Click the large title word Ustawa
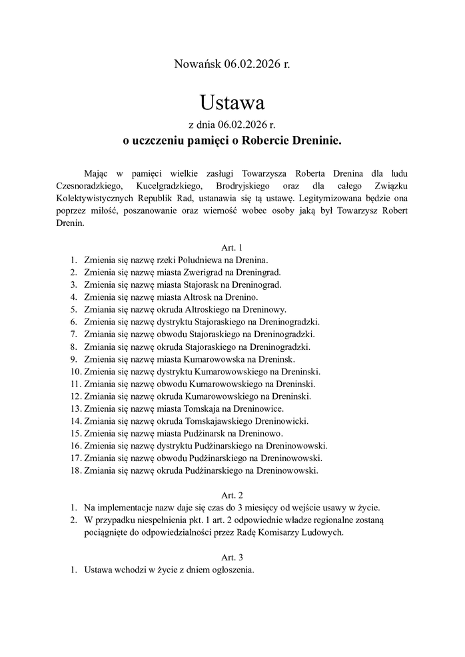click(x=232, y=103)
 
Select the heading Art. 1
click(x=232, y=247)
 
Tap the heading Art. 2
click(x=232, y=494)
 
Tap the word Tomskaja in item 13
click(x=200, y=408)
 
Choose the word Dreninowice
click(x=261, y=408)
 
